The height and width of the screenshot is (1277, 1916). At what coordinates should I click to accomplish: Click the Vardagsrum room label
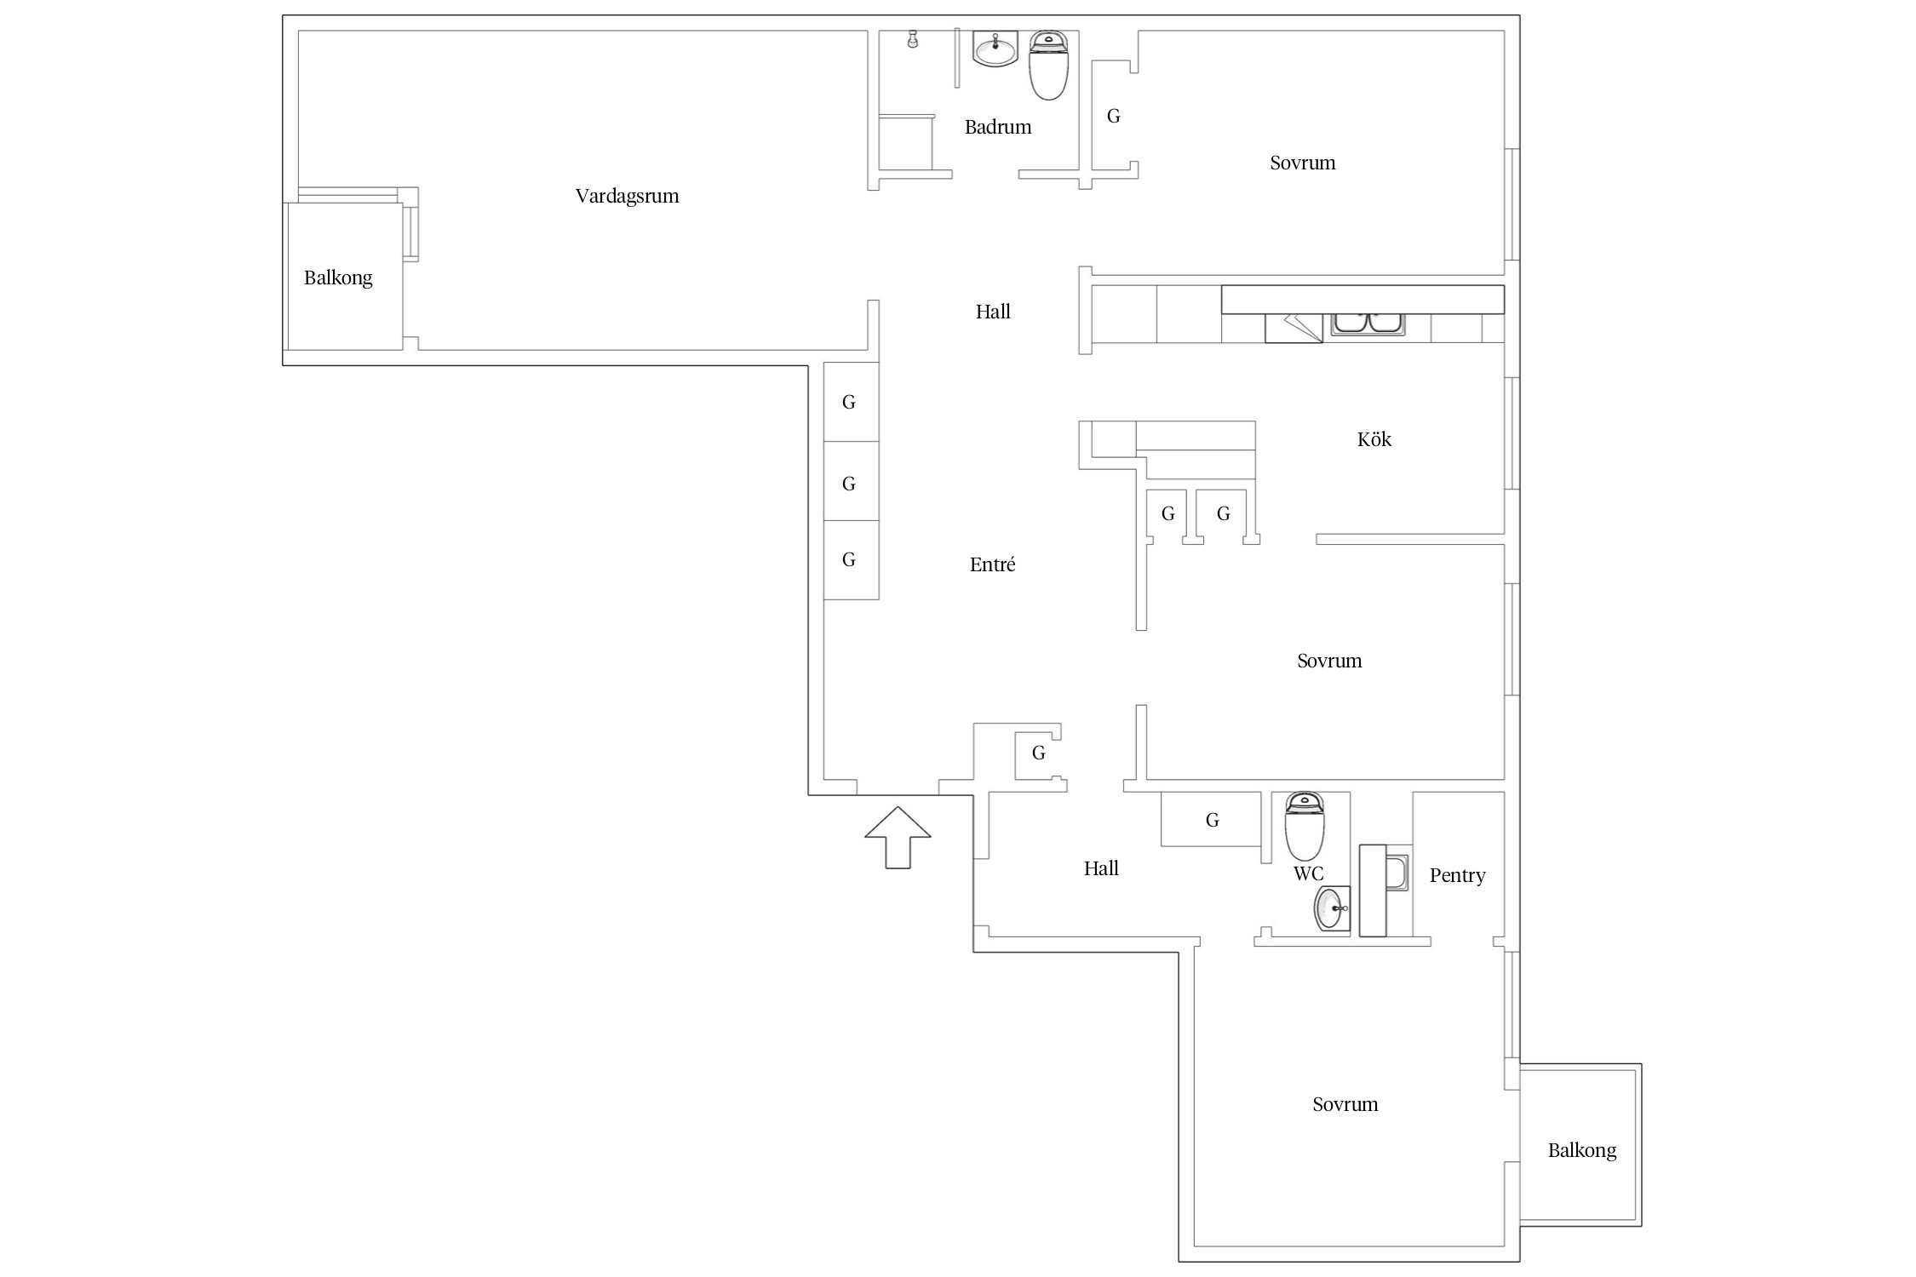coord(627,197)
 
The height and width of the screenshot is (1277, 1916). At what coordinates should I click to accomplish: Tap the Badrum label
coord(997,127)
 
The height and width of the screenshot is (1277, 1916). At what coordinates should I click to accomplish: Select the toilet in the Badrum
coord(1048,66)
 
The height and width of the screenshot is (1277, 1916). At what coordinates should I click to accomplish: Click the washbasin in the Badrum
coord(995,49)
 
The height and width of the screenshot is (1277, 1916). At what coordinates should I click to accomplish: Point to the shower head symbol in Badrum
coord(913,39)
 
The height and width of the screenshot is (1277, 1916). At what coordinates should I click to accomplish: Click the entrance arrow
coord(898,838)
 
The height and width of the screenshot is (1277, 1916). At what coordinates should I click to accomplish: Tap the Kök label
coord(1374,439)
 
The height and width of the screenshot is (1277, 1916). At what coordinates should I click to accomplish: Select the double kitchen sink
coord(1368,324)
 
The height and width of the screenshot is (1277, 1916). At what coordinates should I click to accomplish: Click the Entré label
coord(992,564)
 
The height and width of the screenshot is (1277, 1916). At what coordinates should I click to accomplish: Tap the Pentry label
coord(1457,876)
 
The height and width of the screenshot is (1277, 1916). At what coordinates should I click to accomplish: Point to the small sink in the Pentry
coord(1397,873)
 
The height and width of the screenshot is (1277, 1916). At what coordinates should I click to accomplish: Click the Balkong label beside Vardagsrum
coord(338,278)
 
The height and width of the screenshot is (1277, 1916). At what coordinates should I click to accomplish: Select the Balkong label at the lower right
coord(1581,1150)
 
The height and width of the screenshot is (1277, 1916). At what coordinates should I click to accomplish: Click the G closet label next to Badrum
coord(1113,116)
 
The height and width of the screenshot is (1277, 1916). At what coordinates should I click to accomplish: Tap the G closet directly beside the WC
coord(1212,820)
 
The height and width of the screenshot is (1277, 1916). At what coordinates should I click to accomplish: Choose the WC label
coord(1308,873)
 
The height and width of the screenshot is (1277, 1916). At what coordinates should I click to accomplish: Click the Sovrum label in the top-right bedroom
coord(1302,163)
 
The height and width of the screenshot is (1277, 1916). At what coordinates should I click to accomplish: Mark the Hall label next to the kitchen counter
coord(993,312)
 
